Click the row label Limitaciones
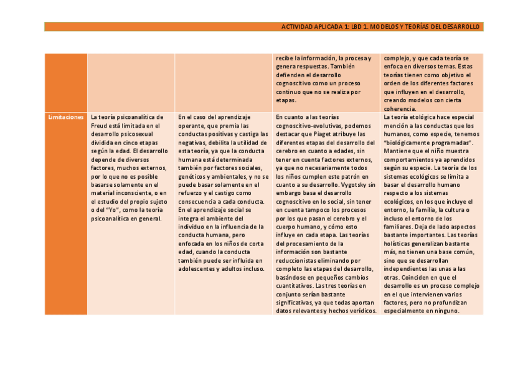click(65, 117)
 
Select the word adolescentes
click(196, 269)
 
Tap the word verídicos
click(362, 311)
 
